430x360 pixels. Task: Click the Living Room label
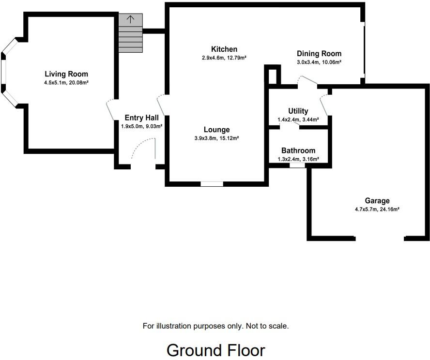coord(66,74)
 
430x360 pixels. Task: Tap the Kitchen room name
coord(224,49)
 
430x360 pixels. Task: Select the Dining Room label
coord(319,54)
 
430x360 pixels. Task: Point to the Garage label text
coord(377,201)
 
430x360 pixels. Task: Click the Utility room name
coord(298,111)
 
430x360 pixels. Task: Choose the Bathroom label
coord(298,151)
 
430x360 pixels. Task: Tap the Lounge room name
coord(216,130)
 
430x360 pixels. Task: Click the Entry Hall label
coord(141,118)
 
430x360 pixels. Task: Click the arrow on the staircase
coord(130,19)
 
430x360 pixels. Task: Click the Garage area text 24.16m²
coord(389,210)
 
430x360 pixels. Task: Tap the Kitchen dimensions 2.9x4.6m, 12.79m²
coord(224,58)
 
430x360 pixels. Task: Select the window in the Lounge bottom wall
coord(212,184)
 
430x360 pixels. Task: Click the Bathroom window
coord(297,165)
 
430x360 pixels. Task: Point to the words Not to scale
coord(267,326)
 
